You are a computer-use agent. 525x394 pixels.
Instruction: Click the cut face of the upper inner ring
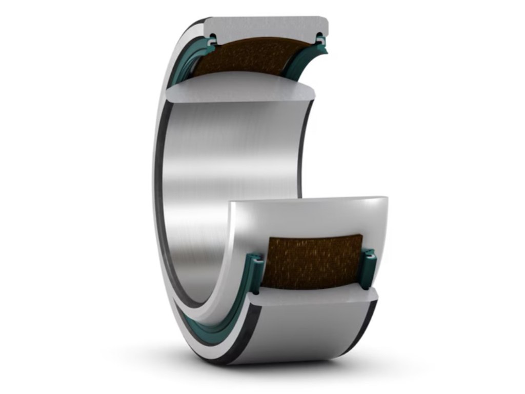[x=236, y=92]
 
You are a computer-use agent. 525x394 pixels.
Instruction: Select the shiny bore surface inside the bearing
[x=231, y=154]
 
